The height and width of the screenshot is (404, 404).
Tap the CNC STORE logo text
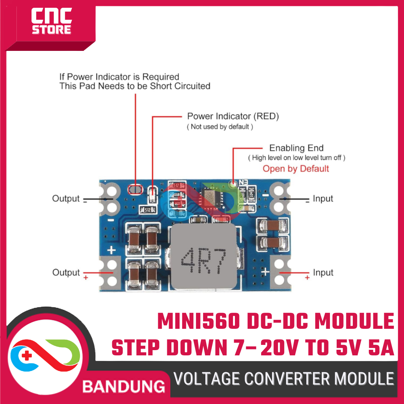pyautogui.click(x=51, y=22)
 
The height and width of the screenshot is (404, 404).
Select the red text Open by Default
pyautogui.click(x=296, y=169)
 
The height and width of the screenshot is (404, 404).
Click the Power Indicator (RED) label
pyautogui.click(x=233, y=116)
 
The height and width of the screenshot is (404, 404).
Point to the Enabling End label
pyautogui.click(x=296, y=148)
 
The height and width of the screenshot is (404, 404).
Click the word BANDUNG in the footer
pyautogui.click(x=124, y=386)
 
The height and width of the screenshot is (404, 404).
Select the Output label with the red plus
pyautogui.click(x=66, y=273)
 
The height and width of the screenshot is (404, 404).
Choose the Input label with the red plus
pyautogui.click(x=323, y=273)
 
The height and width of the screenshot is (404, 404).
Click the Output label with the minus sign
pyautogui.click(x=66, y=199)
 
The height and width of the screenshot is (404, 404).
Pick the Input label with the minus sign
pyautogui.click(x=323, y=199)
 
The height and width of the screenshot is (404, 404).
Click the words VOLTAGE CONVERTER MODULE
pyautogui.click(x=284, y=379)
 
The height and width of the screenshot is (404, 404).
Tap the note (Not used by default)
pyautogui.click(x=220, y=127)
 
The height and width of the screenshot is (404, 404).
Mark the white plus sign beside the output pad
pyautogui.click(x=111, y=251)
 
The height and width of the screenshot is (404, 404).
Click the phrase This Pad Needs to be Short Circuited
pyautogui.click(x=135, y=86)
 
